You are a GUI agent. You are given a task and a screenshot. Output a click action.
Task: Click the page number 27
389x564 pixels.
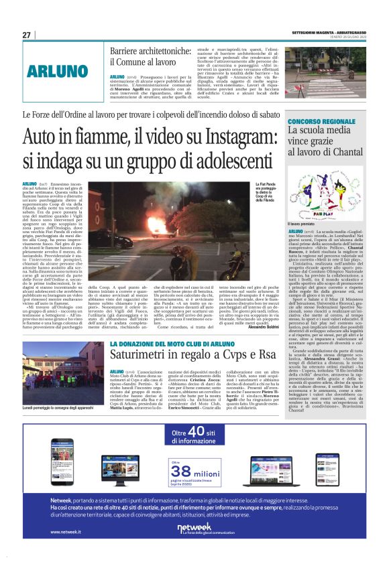(26, 35)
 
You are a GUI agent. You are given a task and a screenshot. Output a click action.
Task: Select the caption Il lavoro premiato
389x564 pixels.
(297, 224)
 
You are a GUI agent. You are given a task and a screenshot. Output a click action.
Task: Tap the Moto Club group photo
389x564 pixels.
(63, 382)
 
